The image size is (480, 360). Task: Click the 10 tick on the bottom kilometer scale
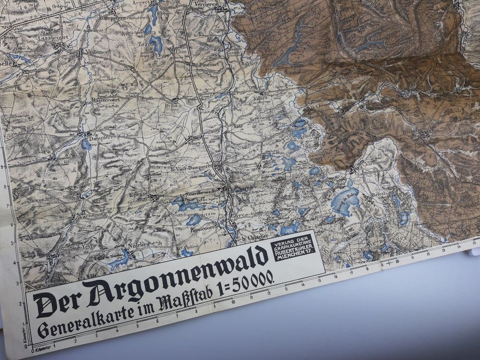point(232,302)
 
